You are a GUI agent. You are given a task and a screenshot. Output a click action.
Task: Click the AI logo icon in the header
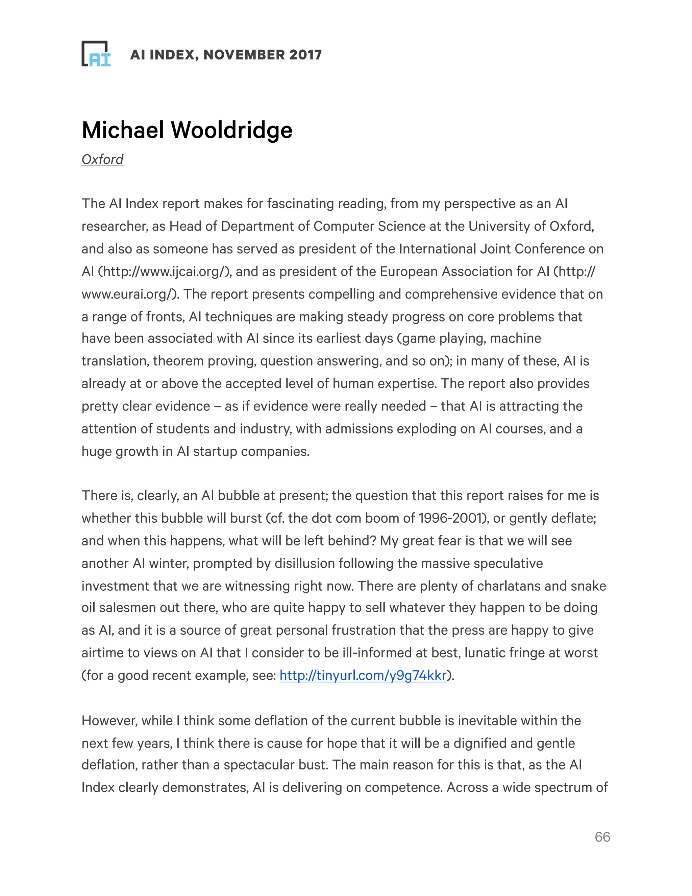point(96,54)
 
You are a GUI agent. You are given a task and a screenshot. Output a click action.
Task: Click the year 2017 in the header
point(305,54)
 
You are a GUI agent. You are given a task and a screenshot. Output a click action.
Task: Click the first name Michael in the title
point(123,130)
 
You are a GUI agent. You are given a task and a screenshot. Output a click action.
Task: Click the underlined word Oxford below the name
point(102,159)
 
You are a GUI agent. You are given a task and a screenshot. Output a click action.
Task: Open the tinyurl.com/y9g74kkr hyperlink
point(363,675)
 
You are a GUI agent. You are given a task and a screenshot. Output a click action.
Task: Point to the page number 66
point(602,836)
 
